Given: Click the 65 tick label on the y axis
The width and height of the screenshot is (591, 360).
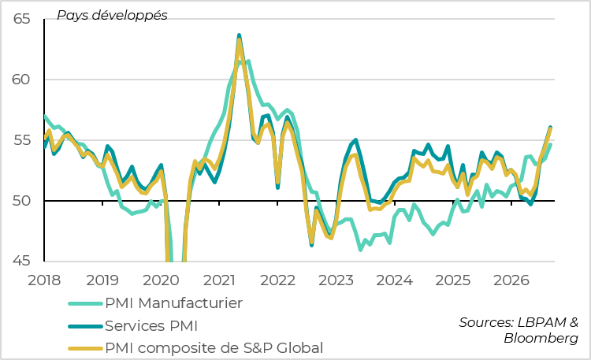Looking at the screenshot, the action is click(21, 19).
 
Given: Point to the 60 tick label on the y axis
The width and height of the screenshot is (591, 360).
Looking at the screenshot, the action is click(21, 80).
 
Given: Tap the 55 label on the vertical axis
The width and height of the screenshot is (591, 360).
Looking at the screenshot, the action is click(21, 140).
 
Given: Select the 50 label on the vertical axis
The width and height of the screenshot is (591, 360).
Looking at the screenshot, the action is click(21, 201).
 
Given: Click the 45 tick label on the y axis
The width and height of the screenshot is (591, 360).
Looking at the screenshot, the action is click(21, 261).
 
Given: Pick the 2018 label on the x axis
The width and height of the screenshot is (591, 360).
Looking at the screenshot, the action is click(44, 280).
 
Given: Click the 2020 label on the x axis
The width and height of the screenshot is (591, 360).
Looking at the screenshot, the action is click(161, 280).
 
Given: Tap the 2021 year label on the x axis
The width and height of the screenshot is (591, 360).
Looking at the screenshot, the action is click(219, 280).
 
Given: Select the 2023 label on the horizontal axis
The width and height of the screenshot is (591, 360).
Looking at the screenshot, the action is click(336, 280).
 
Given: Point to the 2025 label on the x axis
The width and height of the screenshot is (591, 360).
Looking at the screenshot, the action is click(452, 280).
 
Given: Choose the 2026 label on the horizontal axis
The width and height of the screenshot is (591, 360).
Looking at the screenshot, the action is click(511, 280).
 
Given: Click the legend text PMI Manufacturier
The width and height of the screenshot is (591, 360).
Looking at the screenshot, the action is click(174, 303).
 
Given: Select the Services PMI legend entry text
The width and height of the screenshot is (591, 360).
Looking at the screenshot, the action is click(151, 325).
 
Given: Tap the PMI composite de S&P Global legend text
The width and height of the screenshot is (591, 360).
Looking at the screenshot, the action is click(214, 348).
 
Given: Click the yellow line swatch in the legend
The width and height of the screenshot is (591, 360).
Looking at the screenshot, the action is click(86, 349).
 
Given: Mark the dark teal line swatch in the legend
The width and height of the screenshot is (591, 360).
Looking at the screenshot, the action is click(86, 326).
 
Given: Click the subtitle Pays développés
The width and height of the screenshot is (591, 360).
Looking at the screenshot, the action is click(112, 16).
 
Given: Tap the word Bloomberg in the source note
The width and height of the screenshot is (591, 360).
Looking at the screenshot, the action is click(541, 338).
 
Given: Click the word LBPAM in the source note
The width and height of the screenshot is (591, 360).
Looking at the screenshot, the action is click(542, 322).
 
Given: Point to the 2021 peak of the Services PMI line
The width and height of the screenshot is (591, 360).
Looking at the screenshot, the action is click(239, 35).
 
